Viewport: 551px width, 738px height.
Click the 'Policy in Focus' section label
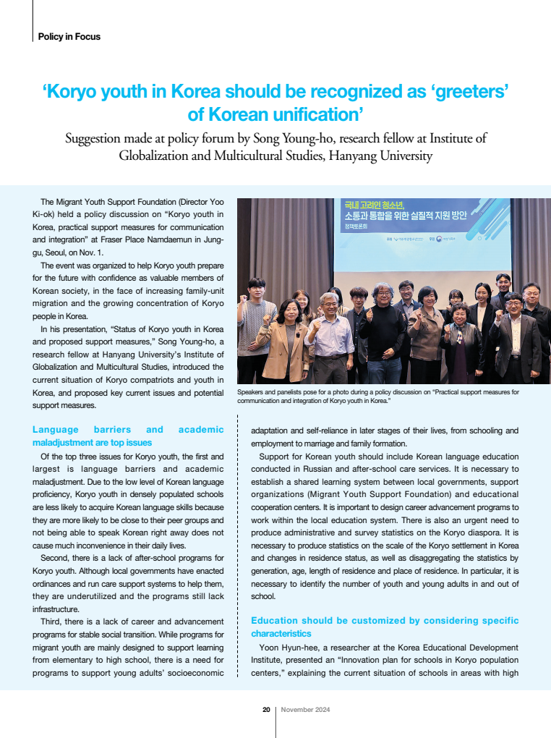[69, 36]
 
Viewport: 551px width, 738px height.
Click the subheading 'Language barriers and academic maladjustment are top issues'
[128, 436]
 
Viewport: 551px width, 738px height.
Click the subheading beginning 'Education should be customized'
[384, 627]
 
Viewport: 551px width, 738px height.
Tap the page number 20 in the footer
[266, 710]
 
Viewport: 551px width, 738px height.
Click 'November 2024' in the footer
[305, 710]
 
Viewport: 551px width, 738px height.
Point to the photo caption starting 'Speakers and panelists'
[377, 396]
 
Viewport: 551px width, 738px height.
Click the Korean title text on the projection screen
[406, 211]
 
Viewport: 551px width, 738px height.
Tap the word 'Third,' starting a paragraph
[54, 622]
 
